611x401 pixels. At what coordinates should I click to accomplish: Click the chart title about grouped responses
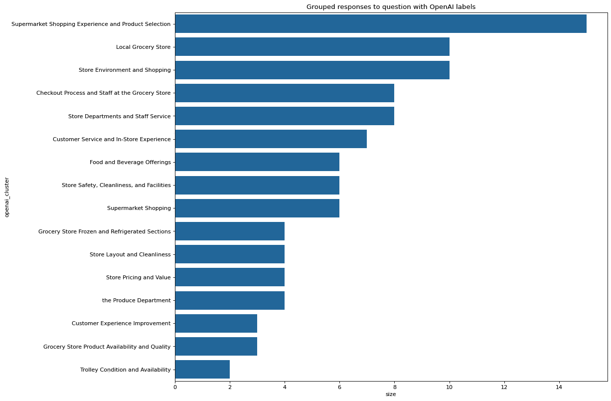click(x=391, y=6)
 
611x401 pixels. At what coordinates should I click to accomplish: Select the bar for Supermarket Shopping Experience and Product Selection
click(x=380, y=24)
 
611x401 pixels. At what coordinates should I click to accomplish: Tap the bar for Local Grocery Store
click(x=312, y=47)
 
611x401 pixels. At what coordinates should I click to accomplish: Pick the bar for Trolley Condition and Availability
click(x=202, y=370)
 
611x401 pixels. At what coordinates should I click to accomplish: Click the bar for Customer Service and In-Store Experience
click(x=271, y=139)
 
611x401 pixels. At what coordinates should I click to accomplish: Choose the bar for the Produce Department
click(x=230, y=300)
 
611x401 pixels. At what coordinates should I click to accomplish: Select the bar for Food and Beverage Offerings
click(x=257, y=162)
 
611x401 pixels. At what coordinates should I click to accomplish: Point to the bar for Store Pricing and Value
click(x=230, y=277)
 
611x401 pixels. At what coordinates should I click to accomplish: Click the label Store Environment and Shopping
click(x=125, y=70)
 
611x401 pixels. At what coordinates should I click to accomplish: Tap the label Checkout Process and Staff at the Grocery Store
click(x=103, y=93)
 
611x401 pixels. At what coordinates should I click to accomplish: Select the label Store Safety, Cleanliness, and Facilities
click(x=116, y=185)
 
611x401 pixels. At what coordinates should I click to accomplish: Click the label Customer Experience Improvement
click(x=121, y=323)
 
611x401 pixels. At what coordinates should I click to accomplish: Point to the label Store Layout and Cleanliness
click(x=130, y=254)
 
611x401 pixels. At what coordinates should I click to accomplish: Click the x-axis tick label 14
click(x=559, y=387)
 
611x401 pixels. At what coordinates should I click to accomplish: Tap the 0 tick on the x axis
click(x=175, y=387)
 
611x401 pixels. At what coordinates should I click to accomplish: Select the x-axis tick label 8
click(x=394, y=387)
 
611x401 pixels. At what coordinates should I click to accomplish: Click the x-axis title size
click(x=391, y=395)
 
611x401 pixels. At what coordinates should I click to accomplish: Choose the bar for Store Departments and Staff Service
click(x=285, y=116)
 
